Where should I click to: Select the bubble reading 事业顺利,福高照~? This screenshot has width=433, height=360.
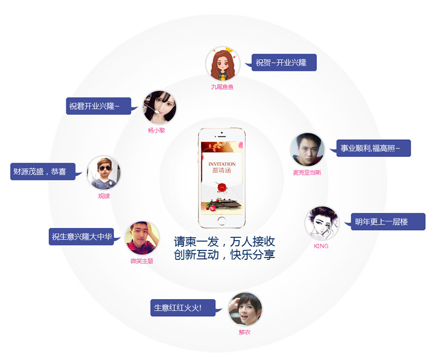click(373, 148)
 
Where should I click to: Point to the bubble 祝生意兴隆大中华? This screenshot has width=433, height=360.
click(81, 237)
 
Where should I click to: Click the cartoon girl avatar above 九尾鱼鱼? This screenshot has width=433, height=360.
click(222, 64)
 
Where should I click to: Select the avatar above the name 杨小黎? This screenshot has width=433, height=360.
click(159, 107)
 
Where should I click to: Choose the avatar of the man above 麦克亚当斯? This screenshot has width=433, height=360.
click(307, 150)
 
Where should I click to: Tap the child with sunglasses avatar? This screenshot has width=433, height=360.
click(104, 173)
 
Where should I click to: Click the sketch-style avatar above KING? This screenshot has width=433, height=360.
click(322, 223)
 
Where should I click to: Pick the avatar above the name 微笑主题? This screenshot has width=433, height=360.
click(142, 238)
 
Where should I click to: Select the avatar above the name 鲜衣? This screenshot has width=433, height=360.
click(245, 309)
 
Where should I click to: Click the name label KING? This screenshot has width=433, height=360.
click(321, 246)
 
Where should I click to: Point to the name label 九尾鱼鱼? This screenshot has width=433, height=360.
click(222, 87)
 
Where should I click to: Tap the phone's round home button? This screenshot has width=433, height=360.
click(221, 221)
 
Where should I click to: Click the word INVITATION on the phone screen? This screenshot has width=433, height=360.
click(222, 164)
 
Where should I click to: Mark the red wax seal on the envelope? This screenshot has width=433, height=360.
click(222, 186)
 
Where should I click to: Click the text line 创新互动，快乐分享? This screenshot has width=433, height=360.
click(224, 255)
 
